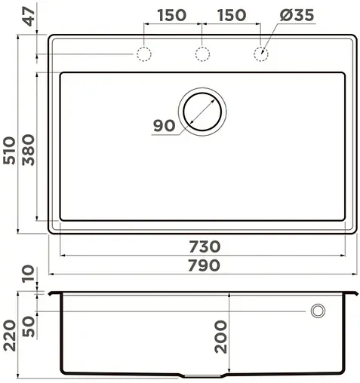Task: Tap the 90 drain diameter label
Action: (x=164, y=126)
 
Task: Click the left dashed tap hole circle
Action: (x=143, y=54)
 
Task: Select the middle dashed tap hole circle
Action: (x=202, y=54)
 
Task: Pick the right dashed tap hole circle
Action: (x=261, y=54)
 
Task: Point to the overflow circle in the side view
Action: (x=318, y=311)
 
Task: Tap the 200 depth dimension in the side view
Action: (x=220, y=334)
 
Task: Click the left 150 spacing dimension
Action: (x=173, y=16)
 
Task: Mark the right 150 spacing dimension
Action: (x=232, y=16)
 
